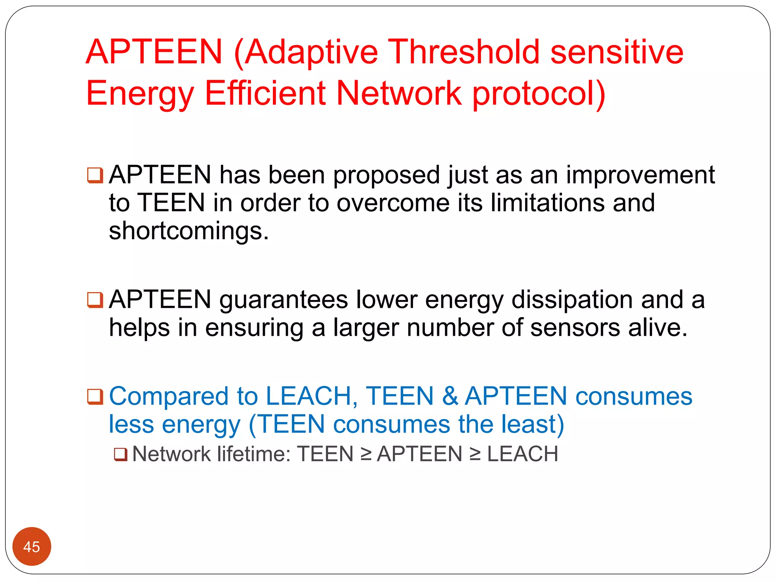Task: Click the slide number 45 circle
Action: (31, 546)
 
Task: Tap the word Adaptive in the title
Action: (311, 53)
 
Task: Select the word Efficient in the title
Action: (265, 93)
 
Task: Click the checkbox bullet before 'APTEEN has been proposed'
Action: (95, 175)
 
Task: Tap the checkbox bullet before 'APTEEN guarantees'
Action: (95, 300)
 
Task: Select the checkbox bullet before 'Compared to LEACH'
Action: (95, 396)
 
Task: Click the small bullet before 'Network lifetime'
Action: (120, 454)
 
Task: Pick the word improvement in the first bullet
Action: (640, 175)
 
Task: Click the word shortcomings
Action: (188, 231)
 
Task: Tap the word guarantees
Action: (283, 300)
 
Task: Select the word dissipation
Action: (572, 300)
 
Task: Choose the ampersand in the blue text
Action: (449, 396)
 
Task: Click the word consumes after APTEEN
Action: (634, 396)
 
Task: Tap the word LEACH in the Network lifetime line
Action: (523, 454)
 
